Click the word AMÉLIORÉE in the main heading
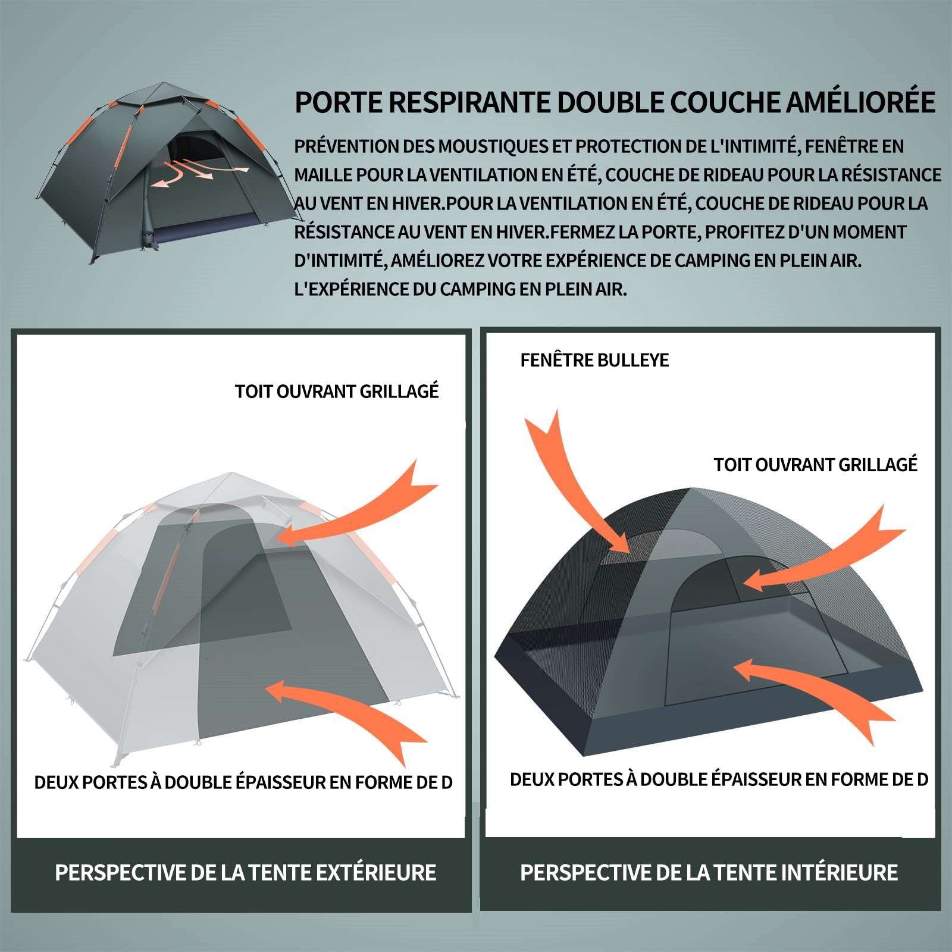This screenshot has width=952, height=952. pyautogui.click(x=861, y=102)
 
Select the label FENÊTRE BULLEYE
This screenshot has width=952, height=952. pyautogui.click(x=594, y=360)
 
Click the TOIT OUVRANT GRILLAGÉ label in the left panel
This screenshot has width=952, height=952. pyautogui.click(x=337, y=391)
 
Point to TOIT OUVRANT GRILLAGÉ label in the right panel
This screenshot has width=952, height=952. pyautogui.click(x=816, y=464)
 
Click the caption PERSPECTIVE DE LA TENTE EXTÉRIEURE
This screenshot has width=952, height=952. pyautogui.click(x=246, y=872)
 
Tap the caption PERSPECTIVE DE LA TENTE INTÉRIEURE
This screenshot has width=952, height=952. pyautogui.click(x=709, y=872)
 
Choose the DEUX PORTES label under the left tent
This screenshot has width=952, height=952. pyautogui.click(x=243, y=782)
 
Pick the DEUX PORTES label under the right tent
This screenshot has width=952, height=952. pyautogui.click(x=719, y=779)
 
